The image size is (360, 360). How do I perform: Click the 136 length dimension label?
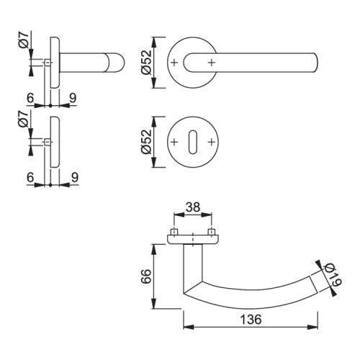tap(251, 320)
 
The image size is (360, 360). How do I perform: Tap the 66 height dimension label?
tap(146, 276)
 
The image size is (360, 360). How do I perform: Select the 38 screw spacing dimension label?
tap(193, 207)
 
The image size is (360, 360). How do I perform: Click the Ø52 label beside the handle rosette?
tap(146, 62)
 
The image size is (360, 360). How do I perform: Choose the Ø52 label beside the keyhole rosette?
tap(146, 142)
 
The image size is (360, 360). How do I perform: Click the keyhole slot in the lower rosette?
tap(193, 143)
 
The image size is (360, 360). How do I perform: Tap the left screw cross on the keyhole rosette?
tap(174, 142)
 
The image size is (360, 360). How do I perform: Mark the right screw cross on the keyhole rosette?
tap(211, 142)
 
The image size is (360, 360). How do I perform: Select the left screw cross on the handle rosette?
tap(174, 63)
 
